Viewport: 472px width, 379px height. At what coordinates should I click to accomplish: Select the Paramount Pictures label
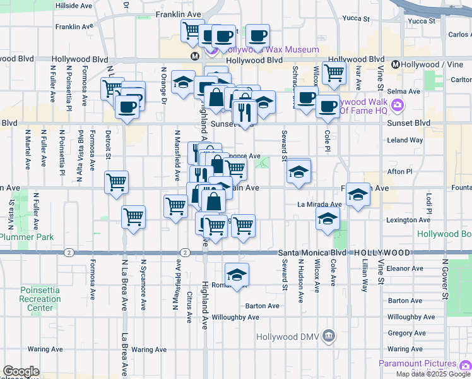coord(417,363)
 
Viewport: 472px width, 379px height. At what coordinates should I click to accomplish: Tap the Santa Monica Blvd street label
coord(312,252)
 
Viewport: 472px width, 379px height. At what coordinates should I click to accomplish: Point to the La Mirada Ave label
coord(319,205)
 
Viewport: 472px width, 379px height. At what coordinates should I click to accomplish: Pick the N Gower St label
coord(445,278)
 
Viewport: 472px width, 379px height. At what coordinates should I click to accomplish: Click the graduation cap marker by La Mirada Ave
coord(358,194)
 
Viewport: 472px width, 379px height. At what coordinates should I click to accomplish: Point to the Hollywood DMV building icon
coord(329,335)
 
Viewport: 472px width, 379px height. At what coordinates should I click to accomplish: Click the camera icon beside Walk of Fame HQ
coord(398,105)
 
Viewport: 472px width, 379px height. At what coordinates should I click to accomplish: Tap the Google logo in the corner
coord(21,371)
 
